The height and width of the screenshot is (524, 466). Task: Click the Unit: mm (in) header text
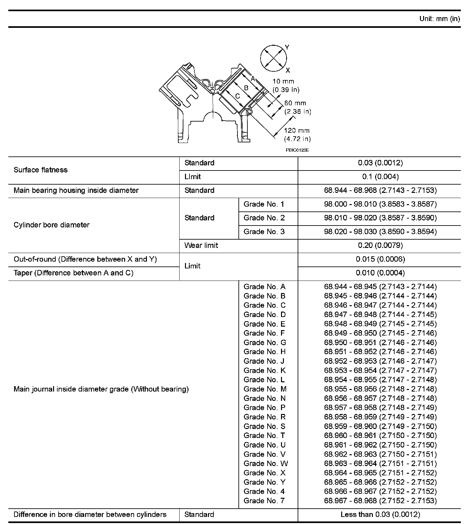point(439,19)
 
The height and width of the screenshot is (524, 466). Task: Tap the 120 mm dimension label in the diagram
point(297,131)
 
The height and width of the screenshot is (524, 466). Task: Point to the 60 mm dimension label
point(295,103)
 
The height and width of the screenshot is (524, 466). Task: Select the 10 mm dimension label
point(283,81)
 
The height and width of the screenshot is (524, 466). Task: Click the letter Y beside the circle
point(287,47)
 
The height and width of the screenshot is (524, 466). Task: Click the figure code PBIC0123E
point(297,150)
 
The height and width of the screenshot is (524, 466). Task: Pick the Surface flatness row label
point(41,170)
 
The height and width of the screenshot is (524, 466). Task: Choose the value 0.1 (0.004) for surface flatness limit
point(380,177)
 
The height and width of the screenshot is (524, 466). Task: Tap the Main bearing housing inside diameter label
point(76,190)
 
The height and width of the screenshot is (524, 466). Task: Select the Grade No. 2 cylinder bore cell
point(264,218)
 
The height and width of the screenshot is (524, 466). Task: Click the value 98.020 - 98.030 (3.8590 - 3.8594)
point(380,232)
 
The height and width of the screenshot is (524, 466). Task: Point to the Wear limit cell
point(201,245)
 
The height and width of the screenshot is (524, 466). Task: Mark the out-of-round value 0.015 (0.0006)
point(380,259)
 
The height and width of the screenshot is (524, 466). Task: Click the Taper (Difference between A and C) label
point(73,273)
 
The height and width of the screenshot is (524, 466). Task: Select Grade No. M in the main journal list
point(265,389)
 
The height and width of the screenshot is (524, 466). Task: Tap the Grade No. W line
point(266,464)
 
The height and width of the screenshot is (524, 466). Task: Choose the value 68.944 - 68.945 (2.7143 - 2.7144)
point(380,287)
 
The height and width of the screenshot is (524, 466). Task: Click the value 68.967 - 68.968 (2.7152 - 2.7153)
point(380,501)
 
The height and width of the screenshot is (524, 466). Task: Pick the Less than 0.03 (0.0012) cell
point(380,514)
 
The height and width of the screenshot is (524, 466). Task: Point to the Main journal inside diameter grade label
point(101,389)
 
